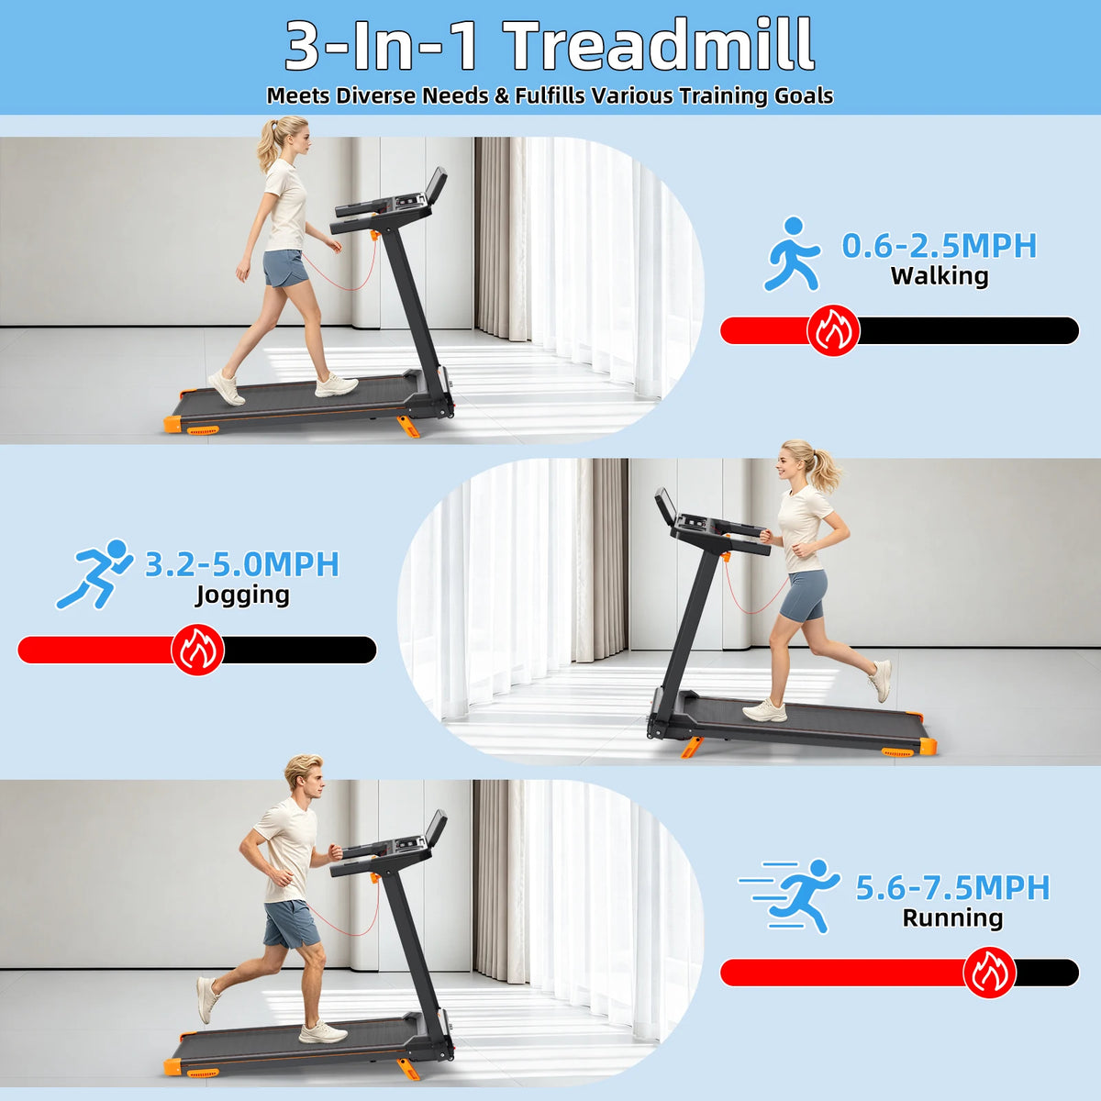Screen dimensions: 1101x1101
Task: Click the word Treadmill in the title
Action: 660,45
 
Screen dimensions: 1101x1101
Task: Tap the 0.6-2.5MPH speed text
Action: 939,245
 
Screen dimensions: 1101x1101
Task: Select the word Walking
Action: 940,276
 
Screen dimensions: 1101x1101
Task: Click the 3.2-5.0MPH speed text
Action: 241,563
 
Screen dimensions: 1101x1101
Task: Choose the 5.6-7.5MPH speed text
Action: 952,887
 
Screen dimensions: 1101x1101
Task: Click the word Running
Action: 952,918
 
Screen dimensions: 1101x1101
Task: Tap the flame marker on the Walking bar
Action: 833,330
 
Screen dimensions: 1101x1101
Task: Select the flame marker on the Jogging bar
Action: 197,650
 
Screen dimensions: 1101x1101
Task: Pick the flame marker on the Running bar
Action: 990,973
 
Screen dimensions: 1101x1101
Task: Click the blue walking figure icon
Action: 793,253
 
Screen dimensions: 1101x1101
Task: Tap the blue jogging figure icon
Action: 95,573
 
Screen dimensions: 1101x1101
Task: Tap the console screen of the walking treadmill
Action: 437,188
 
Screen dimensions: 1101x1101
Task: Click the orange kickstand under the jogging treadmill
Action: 692,748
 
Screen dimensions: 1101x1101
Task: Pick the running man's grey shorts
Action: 291,923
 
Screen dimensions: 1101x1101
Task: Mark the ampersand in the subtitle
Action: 501,95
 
